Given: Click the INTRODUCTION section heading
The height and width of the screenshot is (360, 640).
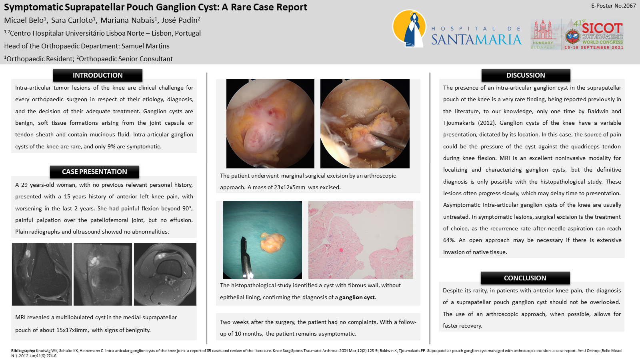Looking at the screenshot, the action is (98, 75).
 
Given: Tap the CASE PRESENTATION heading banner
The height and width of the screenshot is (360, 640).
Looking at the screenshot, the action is (94, 172).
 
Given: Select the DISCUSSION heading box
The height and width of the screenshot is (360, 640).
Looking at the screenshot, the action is (526, 75).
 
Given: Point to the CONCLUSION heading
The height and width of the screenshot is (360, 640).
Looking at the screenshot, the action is (525, 278).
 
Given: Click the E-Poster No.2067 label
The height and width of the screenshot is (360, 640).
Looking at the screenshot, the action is (614, 6).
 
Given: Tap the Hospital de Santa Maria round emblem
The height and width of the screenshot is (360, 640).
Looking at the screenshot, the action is (410, 28).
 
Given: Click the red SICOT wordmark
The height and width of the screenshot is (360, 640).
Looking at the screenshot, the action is (602, 28).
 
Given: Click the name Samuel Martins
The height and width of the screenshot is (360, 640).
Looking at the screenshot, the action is (146, 46).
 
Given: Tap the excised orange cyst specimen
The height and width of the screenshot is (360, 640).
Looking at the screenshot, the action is (272, 242).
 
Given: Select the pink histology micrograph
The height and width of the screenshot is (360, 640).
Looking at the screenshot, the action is (360, 240).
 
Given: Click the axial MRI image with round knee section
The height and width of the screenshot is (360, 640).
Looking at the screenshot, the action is (165, 274).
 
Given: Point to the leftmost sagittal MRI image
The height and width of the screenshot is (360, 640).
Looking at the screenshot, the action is (42, 274).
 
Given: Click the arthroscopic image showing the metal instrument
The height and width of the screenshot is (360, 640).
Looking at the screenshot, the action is (365, 124).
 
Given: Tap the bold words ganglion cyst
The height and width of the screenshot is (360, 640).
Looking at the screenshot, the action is (357, 297).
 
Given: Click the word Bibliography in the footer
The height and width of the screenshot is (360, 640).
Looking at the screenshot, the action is (23, 350).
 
